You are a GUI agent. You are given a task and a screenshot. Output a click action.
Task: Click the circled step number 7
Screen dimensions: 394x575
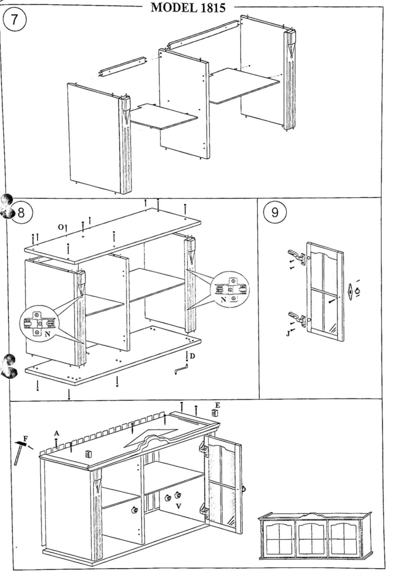tap(14, 20)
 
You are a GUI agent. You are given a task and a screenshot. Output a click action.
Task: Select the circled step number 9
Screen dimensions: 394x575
tap(275, 213)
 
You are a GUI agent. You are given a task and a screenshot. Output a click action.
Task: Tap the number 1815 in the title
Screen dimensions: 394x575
tap(212, 8)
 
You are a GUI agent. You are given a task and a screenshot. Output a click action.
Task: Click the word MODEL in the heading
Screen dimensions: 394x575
tap(173, 8)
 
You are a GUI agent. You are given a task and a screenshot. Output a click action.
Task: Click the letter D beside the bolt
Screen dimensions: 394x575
tap(192, 356)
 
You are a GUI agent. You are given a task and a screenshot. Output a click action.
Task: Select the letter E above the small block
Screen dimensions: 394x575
tap(217, 405)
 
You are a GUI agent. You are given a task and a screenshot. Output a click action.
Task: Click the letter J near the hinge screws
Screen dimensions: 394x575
tap(288, 333)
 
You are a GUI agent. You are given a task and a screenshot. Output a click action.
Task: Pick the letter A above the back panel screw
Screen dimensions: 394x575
tap(57, 433)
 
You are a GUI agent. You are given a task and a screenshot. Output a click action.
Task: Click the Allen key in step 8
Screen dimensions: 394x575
tap(181, 369)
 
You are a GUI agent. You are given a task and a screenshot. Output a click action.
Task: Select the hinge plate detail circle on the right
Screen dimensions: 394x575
tap(230, 289)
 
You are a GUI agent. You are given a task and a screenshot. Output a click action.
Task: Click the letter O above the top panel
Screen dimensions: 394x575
tap(61, 227)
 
